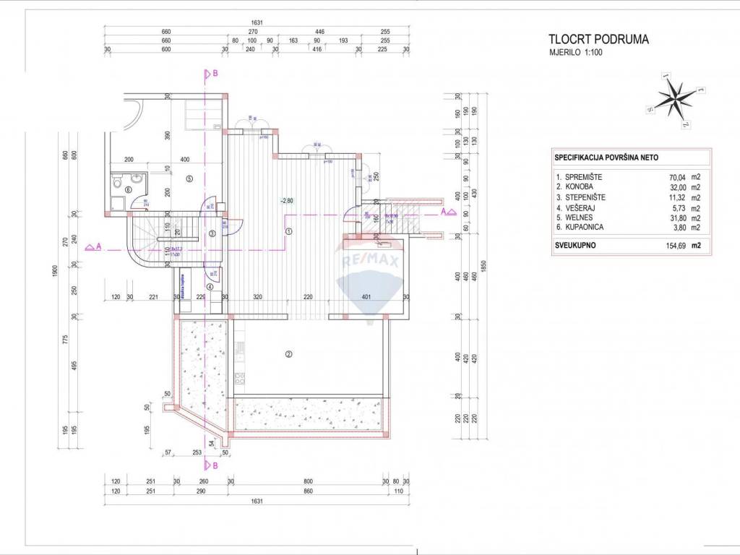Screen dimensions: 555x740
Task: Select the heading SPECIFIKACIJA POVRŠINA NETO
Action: (606, 157)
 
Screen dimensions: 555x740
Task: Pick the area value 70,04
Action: (681, 176)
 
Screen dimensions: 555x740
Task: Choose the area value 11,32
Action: (681, 197)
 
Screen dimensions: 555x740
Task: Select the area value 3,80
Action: (684, 227)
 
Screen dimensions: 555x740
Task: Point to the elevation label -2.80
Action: (287, 201)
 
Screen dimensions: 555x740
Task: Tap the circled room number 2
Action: (288, 354)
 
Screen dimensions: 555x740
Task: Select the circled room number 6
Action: (129, 190)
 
